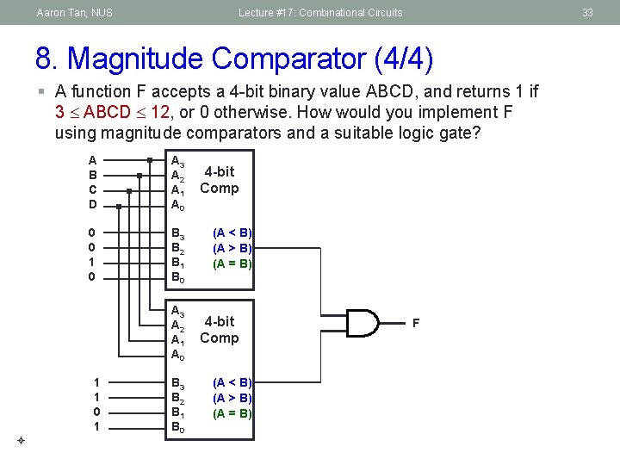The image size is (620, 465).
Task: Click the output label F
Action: pos(416,323)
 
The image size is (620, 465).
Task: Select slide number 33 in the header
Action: pos(588,13)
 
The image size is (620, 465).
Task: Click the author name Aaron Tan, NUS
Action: pos(75,13)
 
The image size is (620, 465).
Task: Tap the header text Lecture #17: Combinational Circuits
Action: pos(320,13)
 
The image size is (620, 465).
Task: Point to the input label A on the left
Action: pos(92,160)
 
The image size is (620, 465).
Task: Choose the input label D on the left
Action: pos(92,205)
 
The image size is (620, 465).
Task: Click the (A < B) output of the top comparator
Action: pos(232,232)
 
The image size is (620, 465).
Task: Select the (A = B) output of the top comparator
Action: pos(232,263)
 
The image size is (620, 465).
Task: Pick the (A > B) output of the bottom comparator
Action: pos(232,398)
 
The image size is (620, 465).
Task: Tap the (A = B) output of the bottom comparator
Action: pos(232,413)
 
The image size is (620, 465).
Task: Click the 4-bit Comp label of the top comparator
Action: pos(220,180)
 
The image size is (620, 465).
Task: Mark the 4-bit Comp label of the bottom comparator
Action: pos(220,330)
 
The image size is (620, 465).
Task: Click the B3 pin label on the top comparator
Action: pos(177,233)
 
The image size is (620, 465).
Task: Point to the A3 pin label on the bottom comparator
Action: pos(177,311)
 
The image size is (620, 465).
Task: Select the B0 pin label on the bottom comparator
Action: pos(177,428)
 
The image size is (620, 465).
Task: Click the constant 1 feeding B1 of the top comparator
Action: pos(92,263)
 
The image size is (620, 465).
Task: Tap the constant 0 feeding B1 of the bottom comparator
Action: pos(97,412)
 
